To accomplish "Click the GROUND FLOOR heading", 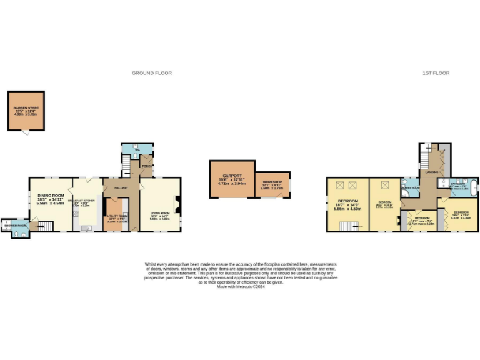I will tap(151, 73).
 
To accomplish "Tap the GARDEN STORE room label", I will tap(26, 110).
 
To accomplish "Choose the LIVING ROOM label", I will tap(159, 214).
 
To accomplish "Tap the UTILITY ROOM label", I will tap(117, 216).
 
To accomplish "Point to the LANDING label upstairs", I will tap(431, 172).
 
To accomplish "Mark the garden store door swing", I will tap(26, 132).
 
